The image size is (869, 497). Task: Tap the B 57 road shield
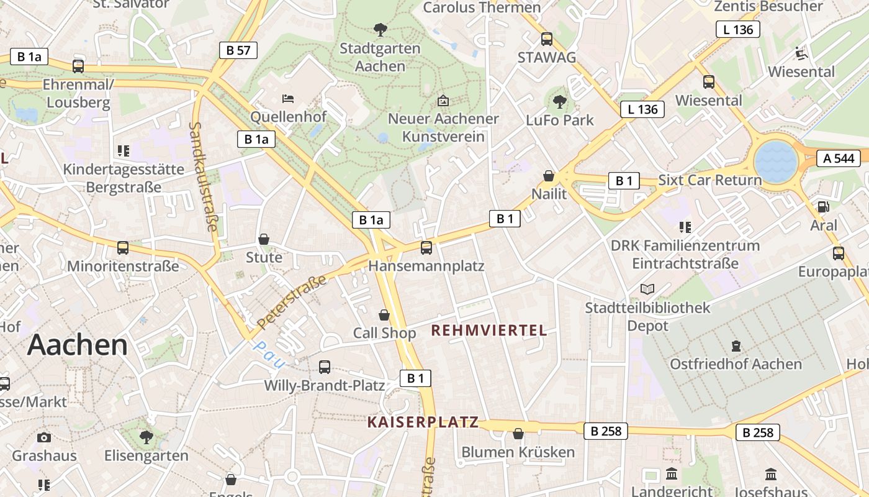[x=238, y=50]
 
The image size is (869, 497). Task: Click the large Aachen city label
[x=78, y=345]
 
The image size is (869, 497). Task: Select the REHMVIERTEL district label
[x=489, y=331]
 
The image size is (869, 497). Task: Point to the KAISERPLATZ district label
[x=423, y=422]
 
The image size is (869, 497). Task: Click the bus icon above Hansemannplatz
[x=426, y=248]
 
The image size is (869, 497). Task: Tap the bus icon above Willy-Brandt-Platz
[x=325, y=367]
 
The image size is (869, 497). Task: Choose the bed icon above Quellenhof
[x=288, y=98]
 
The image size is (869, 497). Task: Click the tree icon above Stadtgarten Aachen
[x=380, y=29]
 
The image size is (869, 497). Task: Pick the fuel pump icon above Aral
[x=823, y=207]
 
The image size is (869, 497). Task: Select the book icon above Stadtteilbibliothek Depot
[x=647, y=289]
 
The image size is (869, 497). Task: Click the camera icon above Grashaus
[x=43, y=437]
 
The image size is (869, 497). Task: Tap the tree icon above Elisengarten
[x=146, y=437]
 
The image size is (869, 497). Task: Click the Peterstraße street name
[x=292, y=302]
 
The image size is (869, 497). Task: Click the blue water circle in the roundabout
[x=775, y=160]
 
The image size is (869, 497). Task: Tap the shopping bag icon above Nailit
[x=549, y=176]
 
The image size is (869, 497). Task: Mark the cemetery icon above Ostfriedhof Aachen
[x=736, y=345]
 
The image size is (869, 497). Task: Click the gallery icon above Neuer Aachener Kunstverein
[x=443, y=100]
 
